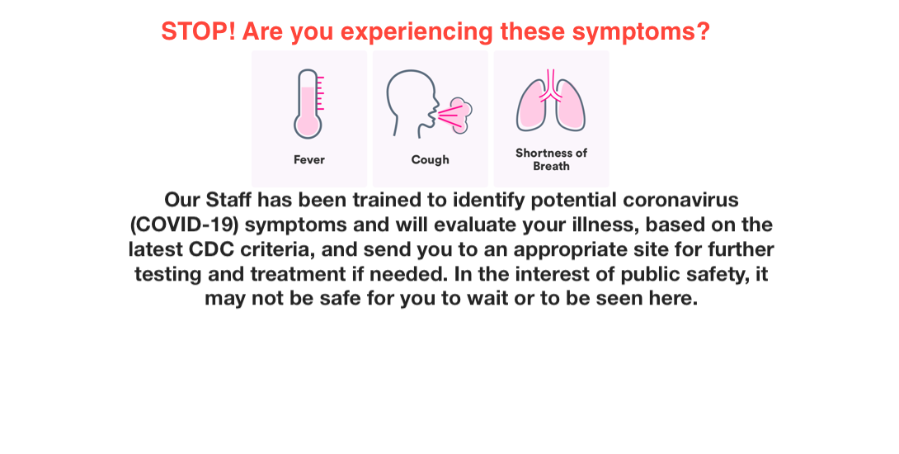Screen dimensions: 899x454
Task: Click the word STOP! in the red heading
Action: [199, 31]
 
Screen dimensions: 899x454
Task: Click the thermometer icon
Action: [309, 104]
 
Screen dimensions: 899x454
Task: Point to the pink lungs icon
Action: [551, 101]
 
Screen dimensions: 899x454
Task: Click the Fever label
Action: [309, 159]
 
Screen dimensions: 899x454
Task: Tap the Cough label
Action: [430, 160]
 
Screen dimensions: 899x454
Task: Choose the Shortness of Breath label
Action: [551, 159]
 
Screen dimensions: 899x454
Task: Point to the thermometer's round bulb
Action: [308, 125]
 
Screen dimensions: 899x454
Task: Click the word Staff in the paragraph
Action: [228, 200]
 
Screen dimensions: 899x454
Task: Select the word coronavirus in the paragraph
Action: [680, 200]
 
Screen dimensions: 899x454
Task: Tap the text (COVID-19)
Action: [184, 225]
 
